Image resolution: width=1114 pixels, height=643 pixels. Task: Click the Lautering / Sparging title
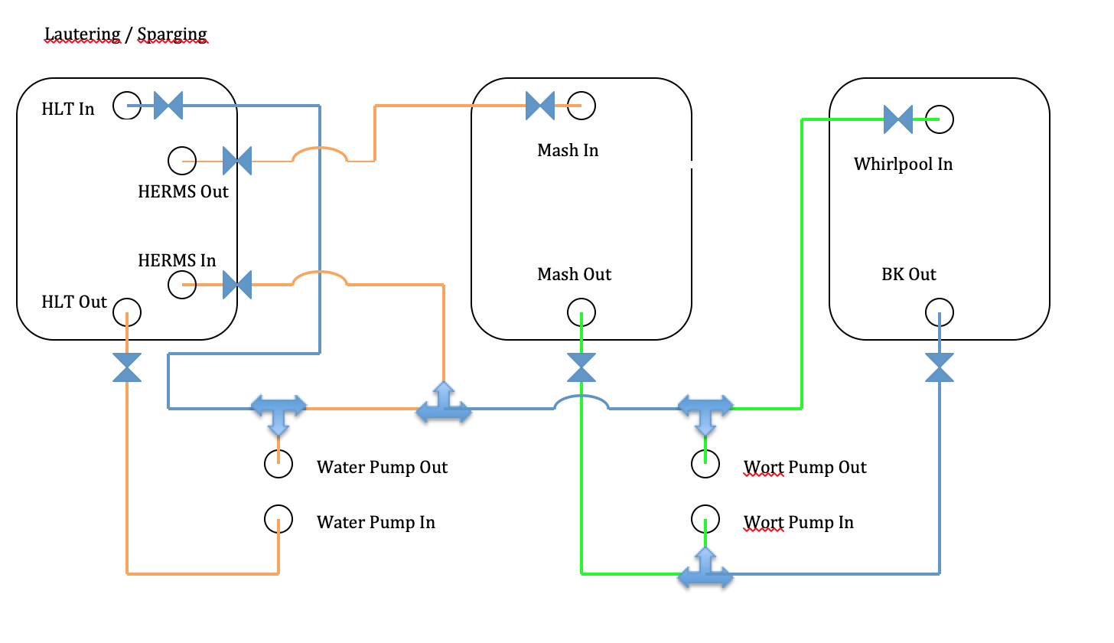[x=126, y=34]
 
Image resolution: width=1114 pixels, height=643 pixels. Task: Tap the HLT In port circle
[x=127, y=106]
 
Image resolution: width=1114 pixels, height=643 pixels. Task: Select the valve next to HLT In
[x=168, y=106]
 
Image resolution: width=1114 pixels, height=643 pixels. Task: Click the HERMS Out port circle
[x=182, y=161]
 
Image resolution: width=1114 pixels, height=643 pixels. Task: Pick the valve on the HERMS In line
[x=237, y=285]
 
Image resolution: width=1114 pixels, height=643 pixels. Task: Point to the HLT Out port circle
[x=127, y=312]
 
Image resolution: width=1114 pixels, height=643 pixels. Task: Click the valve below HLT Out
[x=127, y=367]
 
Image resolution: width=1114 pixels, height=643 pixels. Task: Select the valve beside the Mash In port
[x=540, y=106]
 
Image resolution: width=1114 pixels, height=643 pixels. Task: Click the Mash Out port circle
[x=581, y=312]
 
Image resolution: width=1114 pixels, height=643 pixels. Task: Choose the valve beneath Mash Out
[x=581, y=367]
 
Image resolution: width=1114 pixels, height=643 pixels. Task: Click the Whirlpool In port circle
[x=940, y=119]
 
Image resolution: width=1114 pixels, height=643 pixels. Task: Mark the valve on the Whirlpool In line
[x=898, y=119]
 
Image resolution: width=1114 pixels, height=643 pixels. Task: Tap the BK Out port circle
[x=940, y=312]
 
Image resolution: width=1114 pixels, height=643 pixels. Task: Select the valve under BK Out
[x=940, y=367]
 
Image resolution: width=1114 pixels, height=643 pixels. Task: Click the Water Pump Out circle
[x=278, y=462]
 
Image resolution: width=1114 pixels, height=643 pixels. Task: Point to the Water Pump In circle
[x=278, y=519]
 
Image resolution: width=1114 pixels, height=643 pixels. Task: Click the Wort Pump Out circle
[x=705, y=462]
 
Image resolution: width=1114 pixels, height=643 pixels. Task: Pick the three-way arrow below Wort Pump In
[x=705, y=570]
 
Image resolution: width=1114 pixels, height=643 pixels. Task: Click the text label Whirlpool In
[x=903, y=165]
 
